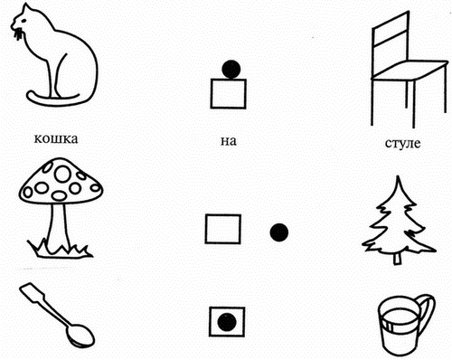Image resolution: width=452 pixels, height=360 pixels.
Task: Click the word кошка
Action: (x=56, y=138)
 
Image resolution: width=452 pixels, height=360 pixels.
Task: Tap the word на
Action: (x=228, y=141)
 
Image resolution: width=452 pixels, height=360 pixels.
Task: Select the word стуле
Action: (x=402, y=143)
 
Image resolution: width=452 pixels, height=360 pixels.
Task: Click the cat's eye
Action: (x=23, y=21)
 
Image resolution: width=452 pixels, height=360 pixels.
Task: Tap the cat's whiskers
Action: (x=18, y=33)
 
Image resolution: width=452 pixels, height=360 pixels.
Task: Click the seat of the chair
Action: (x=409, y=70)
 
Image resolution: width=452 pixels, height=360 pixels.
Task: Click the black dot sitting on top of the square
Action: (x=231, y=69)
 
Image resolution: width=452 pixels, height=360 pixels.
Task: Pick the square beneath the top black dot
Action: (x=229, y=93)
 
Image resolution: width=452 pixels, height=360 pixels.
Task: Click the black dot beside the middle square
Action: (x=279, y=232)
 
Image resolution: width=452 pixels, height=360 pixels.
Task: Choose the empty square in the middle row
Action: (x=223, y=229)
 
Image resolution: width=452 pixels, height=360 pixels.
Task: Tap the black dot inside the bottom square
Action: (x=227, y=322)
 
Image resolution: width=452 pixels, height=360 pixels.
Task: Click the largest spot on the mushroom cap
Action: (x=63, y=174)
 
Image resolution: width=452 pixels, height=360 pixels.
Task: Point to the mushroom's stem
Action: (x=57, y=225)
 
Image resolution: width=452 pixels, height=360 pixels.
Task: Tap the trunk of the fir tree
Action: (x=398, y=259)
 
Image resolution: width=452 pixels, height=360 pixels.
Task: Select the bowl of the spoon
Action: (x=80, y=335)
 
